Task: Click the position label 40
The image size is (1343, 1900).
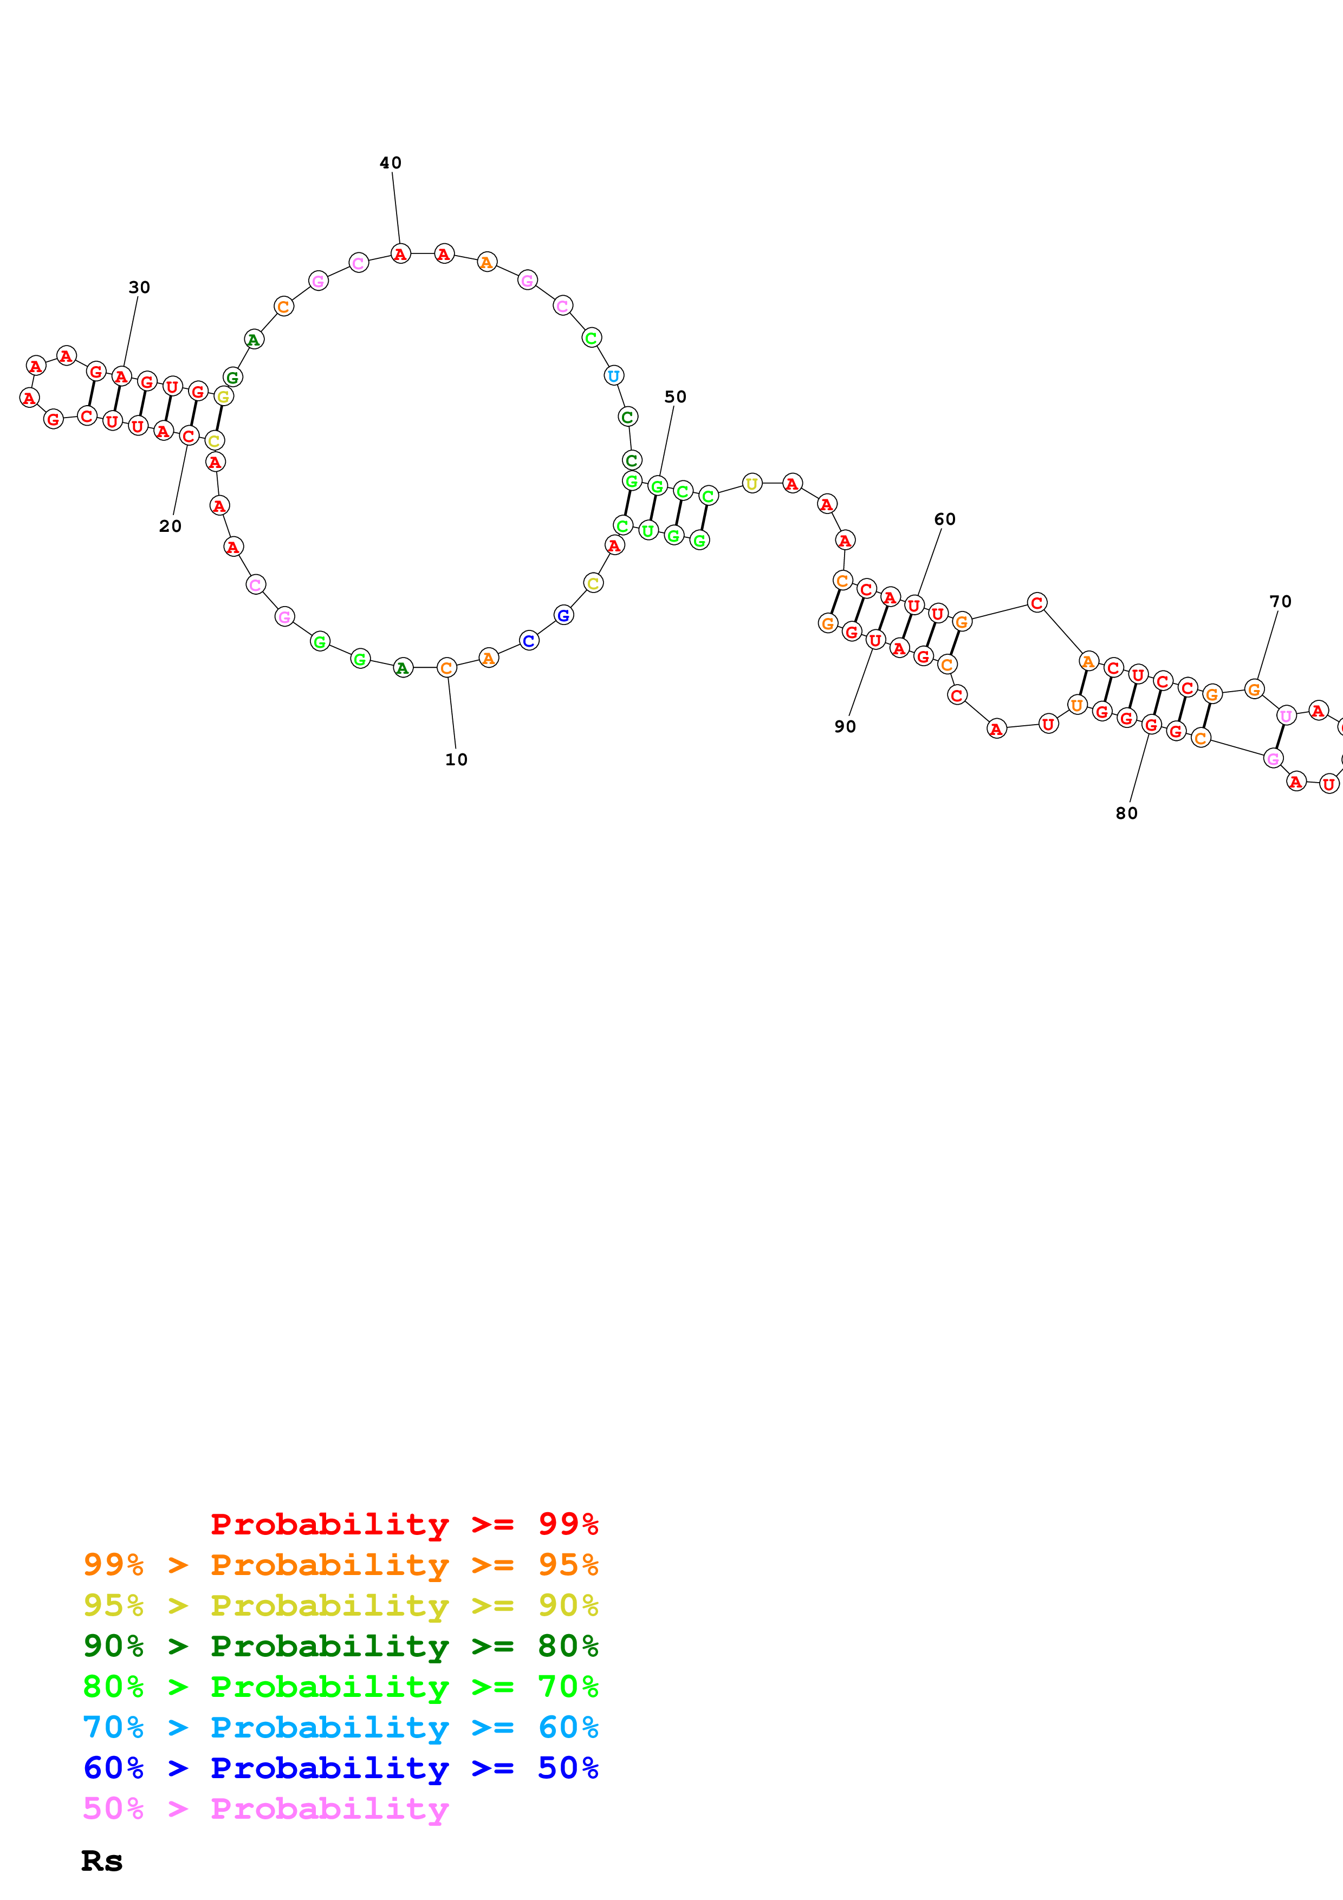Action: pyautogui.click(x=391, y=163)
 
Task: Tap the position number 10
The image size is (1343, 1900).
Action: pyautogui.click(x=456, y=760)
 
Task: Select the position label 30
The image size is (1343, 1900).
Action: pyautogui.click(x=139, y=287)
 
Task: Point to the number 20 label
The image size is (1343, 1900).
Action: pyautogui.click(x=171, y=526)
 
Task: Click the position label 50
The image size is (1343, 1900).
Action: pyautogui.click(x=675, y=396)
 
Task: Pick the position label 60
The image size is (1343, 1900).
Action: pyautogui.click(x=944, y=519)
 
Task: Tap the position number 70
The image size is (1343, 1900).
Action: pyautogui.click(x=1280, y=602)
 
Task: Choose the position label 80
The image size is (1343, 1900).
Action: pyautogui.click(x=1126, y=814)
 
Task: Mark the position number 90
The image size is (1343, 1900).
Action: pyautogui.click(x=845, y=726)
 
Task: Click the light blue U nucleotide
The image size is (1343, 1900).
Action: pyautogui.click(x=613, y=376)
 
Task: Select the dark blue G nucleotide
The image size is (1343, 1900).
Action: pyautogui.click(x=563, y=615)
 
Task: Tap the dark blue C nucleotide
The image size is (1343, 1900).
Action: pyautogui.click(x=529, y=641)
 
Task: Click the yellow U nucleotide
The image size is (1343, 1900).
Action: pyautogui.click(x=751, y=483)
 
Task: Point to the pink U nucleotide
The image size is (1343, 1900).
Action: pyautogui.click(x=1285, y=716)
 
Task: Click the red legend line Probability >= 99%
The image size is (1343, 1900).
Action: pyautogui.click(x=405, y=1524)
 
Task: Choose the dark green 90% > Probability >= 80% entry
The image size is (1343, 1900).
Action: pyautogui.click(x=341, y=1646)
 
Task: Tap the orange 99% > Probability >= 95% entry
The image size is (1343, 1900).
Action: pyautogui.click(x=341, y=1565)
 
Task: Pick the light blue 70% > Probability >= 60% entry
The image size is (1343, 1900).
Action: pyautogui.click(x=341, y=1727)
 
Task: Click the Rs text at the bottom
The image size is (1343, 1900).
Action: pyautogui.click(x=102, y=1861)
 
